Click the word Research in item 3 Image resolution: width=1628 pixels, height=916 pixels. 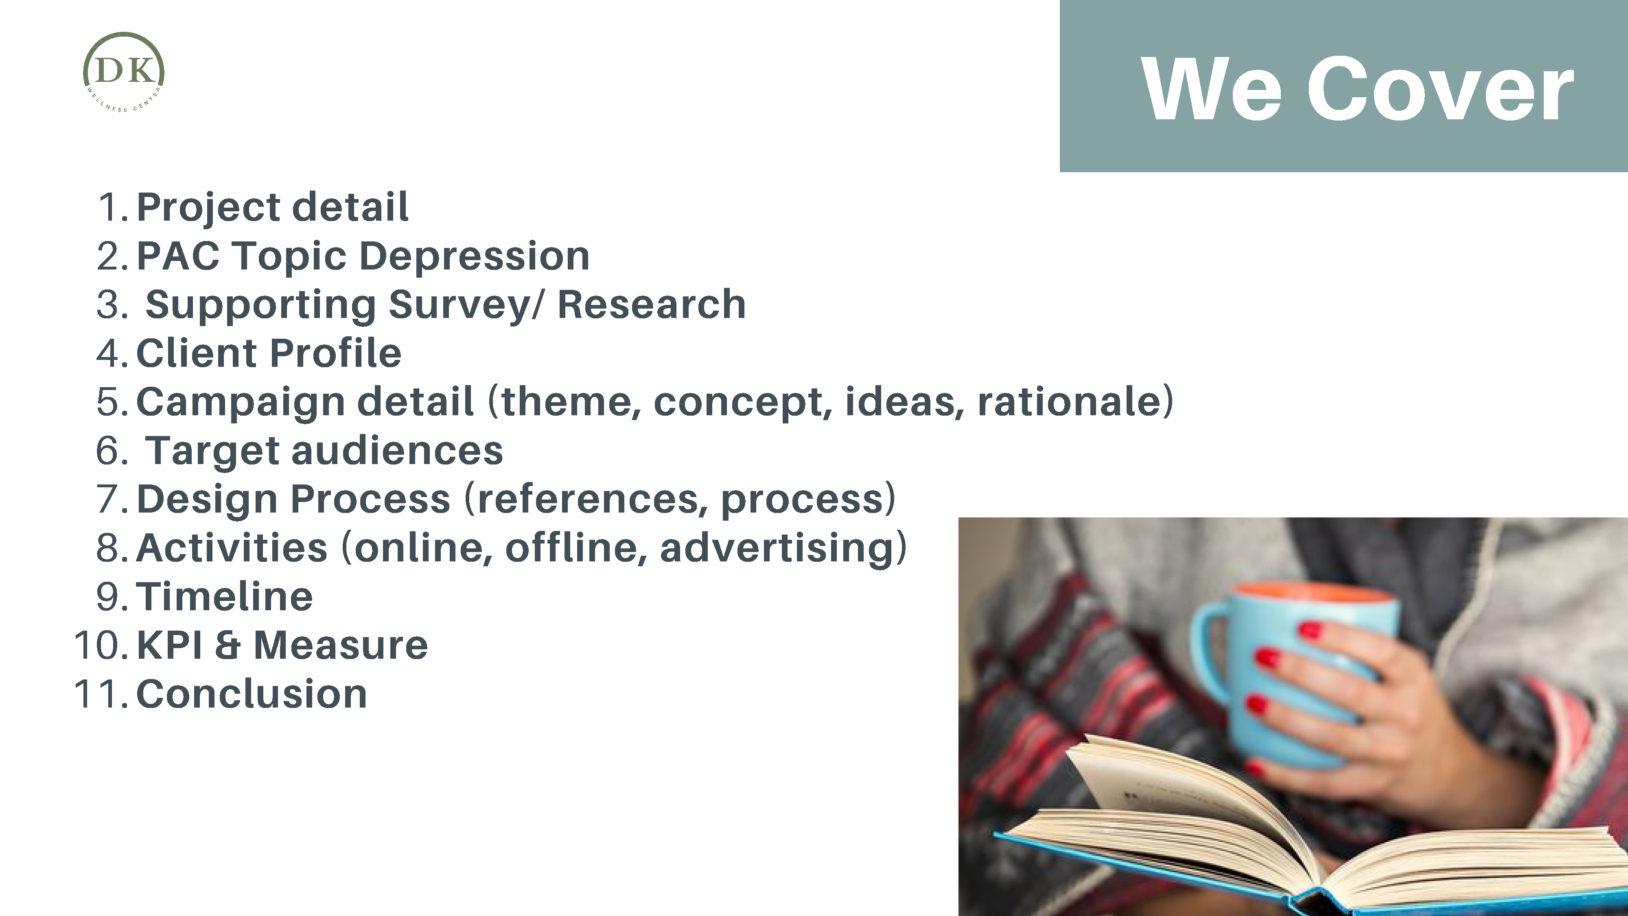pos(652,304)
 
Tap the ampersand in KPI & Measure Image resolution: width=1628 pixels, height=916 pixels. pos(228,645)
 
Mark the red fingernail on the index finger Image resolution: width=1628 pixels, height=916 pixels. pos(1310,630)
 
